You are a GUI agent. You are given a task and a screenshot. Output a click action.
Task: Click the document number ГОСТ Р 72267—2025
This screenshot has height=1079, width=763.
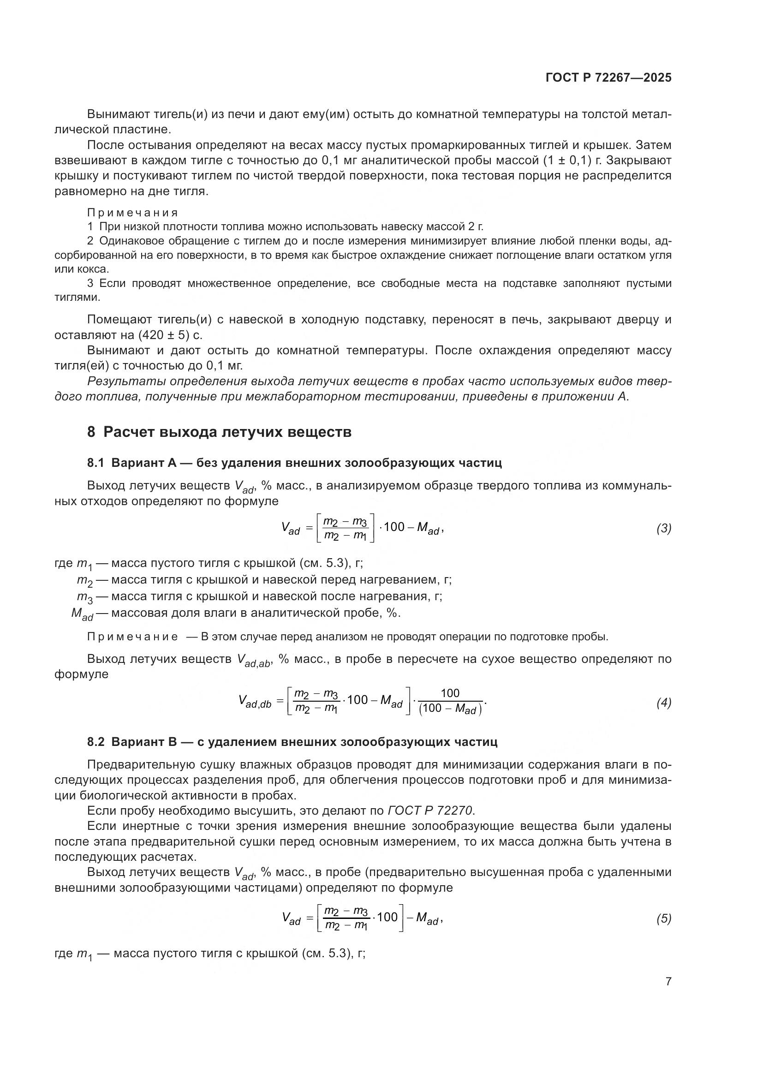click(608, 77)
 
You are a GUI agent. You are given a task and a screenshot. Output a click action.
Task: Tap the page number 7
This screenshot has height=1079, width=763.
click(668, 981)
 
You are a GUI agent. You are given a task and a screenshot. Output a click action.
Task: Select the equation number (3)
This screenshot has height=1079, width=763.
click(663, 528)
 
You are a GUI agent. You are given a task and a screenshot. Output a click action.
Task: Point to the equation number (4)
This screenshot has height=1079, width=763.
click(663, 703)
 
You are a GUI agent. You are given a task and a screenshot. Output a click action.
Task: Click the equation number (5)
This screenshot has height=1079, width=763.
click(663, 918)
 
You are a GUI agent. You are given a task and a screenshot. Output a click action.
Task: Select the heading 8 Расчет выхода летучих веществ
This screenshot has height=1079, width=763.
click(219, 431)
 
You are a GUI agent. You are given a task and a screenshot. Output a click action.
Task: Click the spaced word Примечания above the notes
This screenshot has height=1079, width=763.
click(132, 213)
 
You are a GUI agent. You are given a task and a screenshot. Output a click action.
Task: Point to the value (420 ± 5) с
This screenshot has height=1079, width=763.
click(171, 335)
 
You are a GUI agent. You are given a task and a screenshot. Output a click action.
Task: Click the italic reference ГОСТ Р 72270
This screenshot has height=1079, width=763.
click(431, 811)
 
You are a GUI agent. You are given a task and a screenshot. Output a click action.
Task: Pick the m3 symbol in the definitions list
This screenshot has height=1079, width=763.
click(84, 597)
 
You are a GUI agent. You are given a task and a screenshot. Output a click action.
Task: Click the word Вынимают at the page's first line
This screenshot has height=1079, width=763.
click(117, 114)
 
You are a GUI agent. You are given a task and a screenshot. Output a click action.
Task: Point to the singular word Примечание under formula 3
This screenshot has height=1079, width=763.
click(132, 637)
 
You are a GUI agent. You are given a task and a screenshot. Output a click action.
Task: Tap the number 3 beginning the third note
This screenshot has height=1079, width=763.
click(90, 283)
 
